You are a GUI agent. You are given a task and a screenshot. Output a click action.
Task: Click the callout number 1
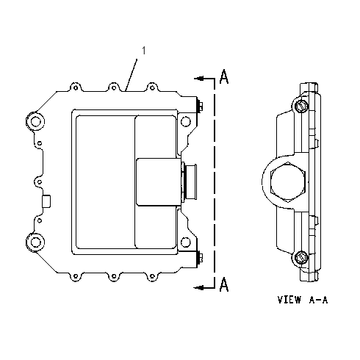[x=144, y=51]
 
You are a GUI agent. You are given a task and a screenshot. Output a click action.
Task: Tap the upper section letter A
[x=224, y=76]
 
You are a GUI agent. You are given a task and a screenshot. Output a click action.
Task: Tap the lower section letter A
[x=224, y=284]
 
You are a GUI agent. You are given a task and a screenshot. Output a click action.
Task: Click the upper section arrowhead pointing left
[x=199, y=79]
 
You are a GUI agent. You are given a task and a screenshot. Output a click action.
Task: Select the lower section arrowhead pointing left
[x=199, y=287]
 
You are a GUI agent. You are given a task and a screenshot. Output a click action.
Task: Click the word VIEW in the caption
[x=289, y=300]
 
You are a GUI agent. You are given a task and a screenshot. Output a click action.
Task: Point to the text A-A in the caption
[x=318, y=300]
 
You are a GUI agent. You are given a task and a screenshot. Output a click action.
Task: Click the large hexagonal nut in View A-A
[x=287, y=182]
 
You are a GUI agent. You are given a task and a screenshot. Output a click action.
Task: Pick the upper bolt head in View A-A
[x=300, y=106]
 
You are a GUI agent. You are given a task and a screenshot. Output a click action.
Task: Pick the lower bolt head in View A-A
[x=300, y=258]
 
